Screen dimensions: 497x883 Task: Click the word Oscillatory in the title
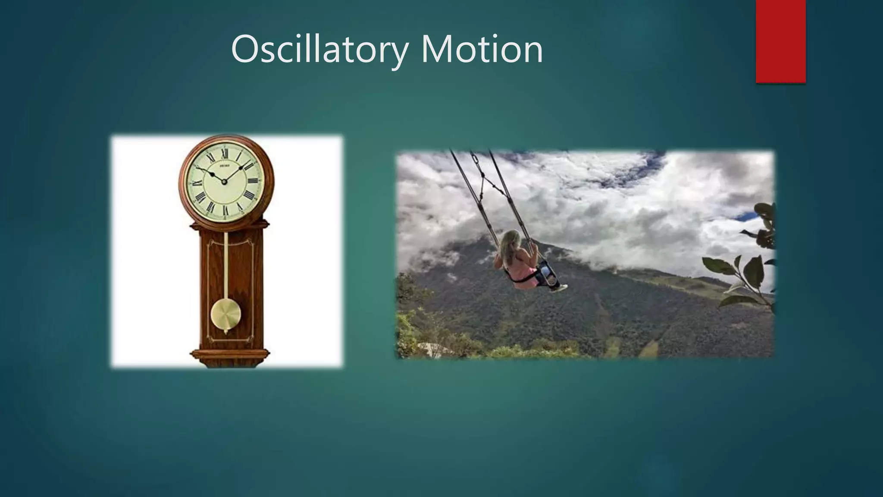319,50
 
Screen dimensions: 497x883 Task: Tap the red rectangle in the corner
780,41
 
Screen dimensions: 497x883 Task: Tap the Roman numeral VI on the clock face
225,210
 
